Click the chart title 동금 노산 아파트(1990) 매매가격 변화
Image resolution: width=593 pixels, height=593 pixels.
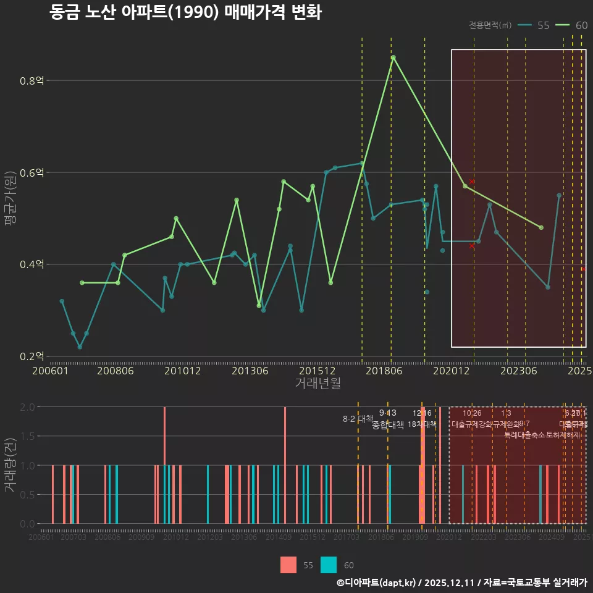point(185,12)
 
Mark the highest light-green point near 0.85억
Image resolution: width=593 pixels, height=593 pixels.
point(393,57)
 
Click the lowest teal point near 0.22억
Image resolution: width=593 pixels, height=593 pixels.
point(80,347)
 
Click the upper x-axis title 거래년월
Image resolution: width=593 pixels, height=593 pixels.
point(318,383)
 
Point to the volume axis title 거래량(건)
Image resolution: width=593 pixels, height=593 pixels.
point(11,465)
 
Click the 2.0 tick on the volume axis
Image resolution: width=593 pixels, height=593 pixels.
point(27,407)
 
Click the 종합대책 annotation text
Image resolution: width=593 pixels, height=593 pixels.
point(388,425)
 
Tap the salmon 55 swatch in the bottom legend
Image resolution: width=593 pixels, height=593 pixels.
point(288,565)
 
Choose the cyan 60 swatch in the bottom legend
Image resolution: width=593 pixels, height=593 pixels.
point(329,565)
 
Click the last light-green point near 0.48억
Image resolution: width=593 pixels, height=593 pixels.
point(541,227)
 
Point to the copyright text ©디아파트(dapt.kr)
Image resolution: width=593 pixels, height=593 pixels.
point(377,582)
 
